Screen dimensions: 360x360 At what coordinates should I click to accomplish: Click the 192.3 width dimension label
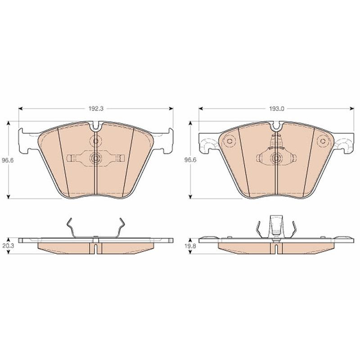(x=96, y=108)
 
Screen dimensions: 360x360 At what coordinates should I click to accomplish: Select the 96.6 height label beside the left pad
(x=8, y=160)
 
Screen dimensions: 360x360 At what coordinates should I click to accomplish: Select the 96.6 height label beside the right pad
(x=190, y=160)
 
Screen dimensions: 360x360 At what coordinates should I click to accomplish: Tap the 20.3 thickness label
(x=8, y=246)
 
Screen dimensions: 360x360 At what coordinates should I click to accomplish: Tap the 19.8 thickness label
(x=190, y=246)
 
